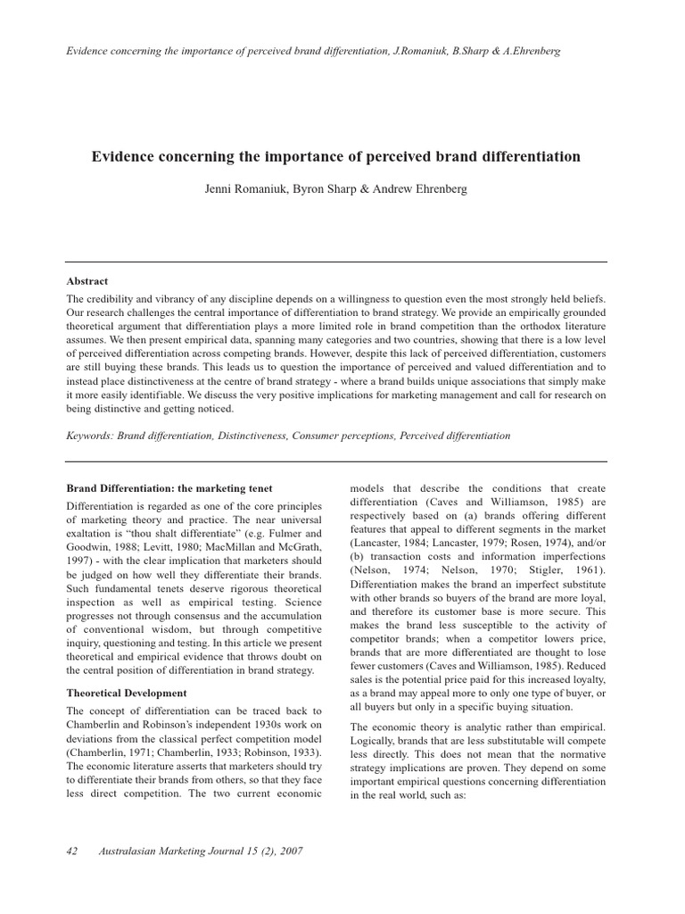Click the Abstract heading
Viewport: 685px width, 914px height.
pos(88,279)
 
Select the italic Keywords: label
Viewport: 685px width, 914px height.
pos(92,436)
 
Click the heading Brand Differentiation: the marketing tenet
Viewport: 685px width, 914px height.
pos(169,488)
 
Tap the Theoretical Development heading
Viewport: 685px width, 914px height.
pos(127,693)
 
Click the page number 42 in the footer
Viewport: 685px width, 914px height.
pos(74,851)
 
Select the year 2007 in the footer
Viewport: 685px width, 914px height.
pos(289,851)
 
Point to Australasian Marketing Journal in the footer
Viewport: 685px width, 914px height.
pos(164,851)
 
